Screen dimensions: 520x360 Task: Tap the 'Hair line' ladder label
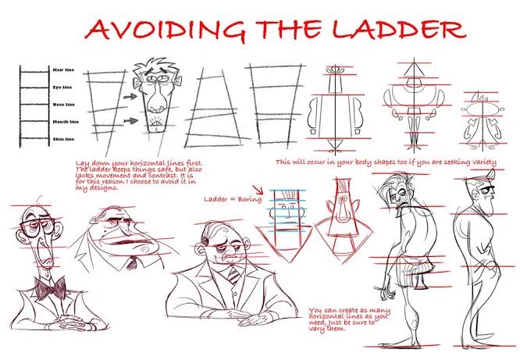(64, 70)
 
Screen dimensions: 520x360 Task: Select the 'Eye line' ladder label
(62, 87)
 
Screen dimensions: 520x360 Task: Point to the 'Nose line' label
(64, 105)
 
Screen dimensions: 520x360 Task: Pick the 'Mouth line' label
(66, 122)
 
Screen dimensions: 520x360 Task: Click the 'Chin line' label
(64, 139)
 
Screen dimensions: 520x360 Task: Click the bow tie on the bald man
(50, 287)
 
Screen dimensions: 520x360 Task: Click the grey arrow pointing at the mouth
(131, 121)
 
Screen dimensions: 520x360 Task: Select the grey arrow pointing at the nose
(130, 97)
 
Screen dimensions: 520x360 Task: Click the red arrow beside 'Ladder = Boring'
(258, 190)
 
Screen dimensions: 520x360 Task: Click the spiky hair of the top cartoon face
(155, 67)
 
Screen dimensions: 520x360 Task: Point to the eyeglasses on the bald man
(38, 226)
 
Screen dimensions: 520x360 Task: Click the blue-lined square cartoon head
(287, 210)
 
